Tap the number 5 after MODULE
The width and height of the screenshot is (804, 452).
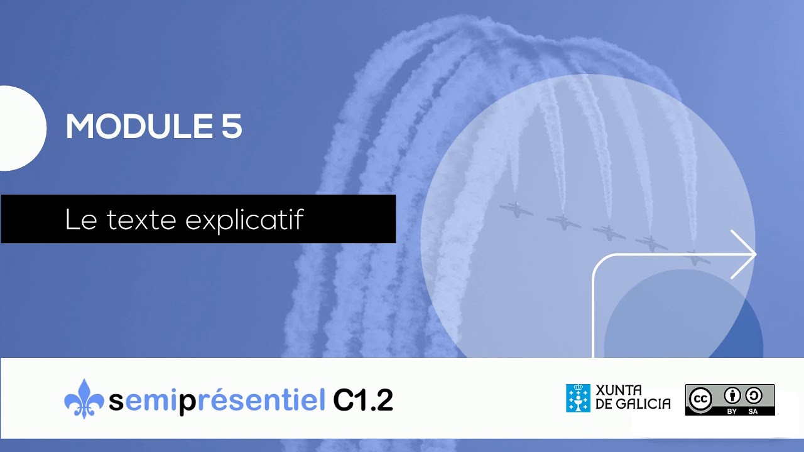tap(231, 127)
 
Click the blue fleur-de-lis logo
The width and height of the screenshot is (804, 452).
tap(84, 399)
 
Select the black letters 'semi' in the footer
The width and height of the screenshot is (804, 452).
tap(143, 401)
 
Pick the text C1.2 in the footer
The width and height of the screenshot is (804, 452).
tap(363, 400)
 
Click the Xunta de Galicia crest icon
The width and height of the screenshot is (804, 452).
tap(578, 398)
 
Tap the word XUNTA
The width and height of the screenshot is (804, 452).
tap(618, 390)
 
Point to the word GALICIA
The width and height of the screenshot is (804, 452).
tap(642, 404)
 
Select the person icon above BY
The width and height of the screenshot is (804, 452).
tap(732, 395)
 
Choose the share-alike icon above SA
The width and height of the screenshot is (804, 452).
tap(753, 395)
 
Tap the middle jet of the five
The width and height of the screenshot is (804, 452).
tap(608, 233)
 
